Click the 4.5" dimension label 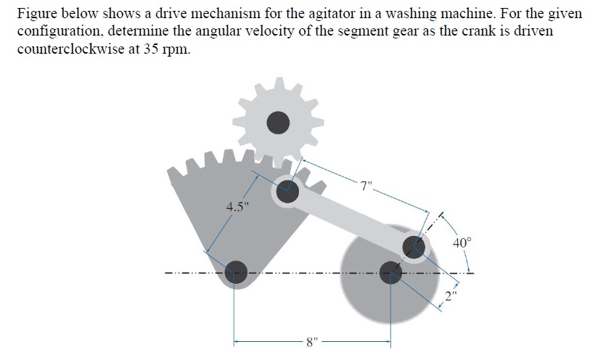pos(237,204)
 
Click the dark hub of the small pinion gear pos(277,123)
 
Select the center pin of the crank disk pos(391,271)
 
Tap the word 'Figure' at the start pos(36,15)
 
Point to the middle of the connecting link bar pos(351,218)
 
